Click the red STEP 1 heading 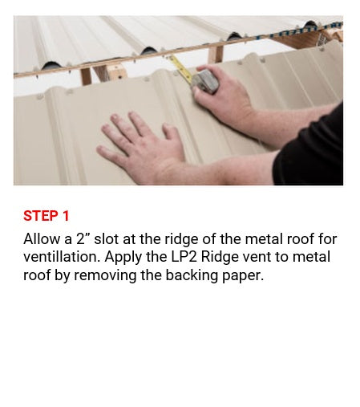point(47,216)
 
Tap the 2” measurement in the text point(84,239)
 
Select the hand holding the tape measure point(224,100)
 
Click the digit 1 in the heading point(66,216)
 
